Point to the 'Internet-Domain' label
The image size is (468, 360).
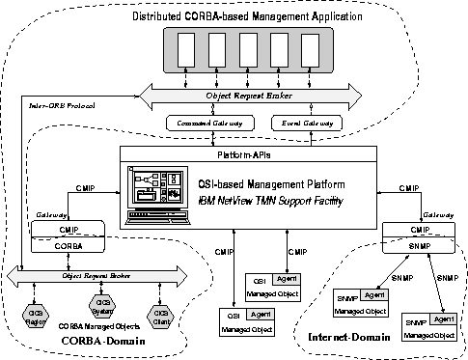pos(344,336)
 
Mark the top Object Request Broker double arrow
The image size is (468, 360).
pos(250,95)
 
